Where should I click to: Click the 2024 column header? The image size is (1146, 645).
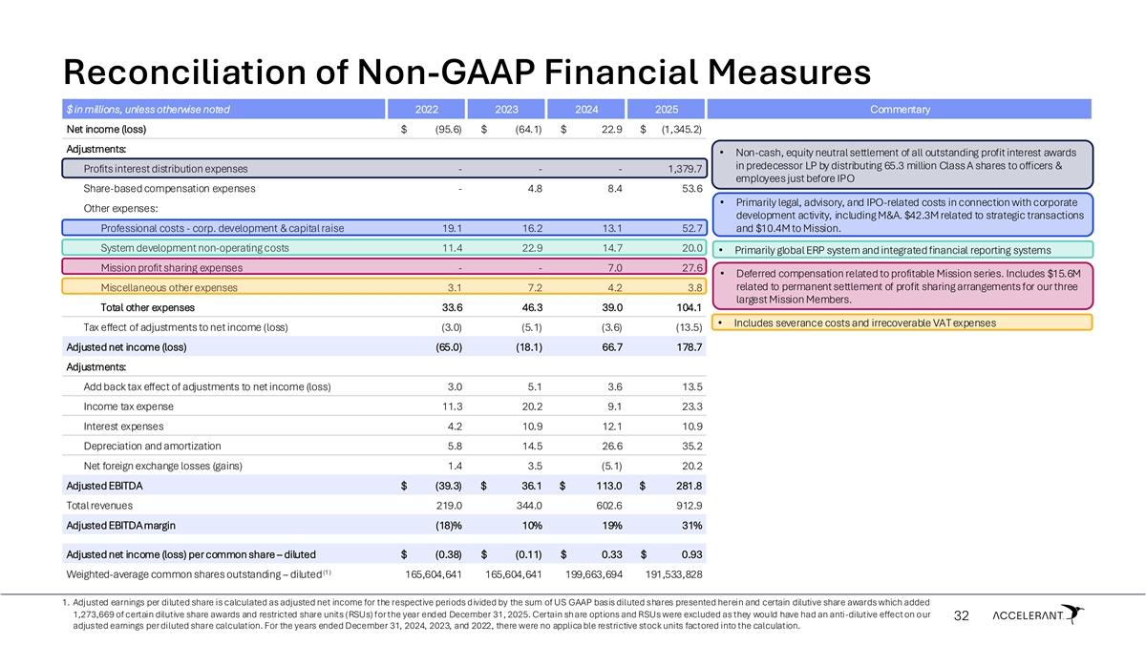coord(587,109)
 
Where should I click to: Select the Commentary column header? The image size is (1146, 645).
coord(899,109)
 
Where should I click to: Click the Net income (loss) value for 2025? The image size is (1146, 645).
coord(676,129)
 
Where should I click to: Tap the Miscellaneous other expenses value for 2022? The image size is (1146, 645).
coord(455,287)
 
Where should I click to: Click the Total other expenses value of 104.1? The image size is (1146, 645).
coord(687,307)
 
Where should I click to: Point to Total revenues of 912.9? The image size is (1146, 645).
coord(688,506)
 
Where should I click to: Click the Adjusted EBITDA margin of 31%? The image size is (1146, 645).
coord(691,525)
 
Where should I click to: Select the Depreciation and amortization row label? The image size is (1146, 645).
coord(152,446)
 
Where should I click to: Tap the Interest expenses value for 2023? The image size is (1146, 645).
coord(528,426)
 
